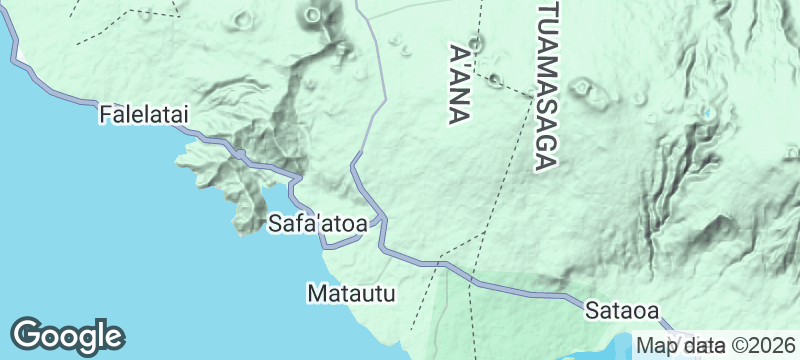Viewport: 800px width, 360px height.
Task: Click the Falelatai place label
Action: (145, 116)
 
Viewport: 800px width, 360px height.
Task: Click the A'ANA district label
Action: (461, 84)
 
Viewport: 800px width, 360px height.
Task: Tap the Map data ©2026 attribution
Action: (710, 346)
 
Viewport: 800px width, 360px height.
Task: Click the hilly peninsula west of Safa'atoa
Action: (235, 180)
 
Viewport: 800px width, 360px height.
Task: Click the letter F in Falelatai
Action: (105, 116)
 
